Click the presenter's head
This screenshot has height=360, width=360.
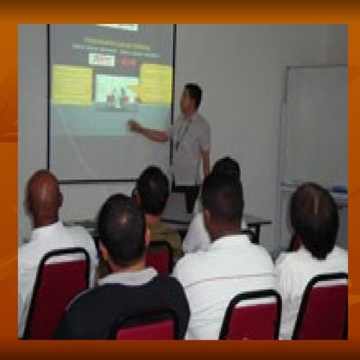[x=193, y=97]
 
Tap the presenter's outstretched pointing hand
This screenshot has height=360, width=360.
[x=133, y=125]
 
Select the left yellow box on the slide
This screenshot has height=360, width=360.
[x=72, y=84]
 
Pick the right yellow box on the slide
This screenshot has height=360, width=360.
[x=155, y=82]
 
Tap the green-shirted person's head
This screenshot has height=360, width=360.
[x=153, y=190]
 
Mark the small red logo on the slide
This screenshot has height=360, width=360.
[x=128, y=63]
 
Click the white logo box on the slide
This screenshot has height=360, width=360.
[x=101, y=59]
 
